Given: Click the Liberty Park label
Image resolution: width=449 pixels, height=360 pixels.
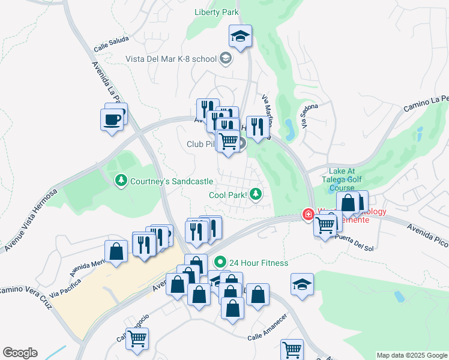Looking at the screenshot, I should (x=217, y=12).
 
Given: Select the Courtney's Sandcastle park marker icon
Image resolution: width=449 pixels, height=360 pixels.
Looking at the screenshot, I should (x=121, y=181).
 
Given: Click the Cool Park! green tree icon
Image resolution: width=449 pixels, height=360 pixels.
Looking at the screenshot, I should (x=256, y=194).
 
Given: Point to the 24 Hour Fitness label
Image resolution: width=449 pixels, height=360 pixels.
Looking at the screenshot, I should (x=259, y=263).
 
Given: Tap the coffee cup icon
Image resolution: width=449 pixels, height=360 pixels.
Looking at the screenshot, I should (x=112, y=119).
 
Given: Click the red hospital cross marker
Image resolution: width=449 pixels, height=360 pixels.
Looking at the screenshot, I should (x=308, y=215).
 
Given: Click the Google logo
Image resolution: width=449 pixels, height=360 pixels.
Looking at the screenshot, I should (x=20, y=353).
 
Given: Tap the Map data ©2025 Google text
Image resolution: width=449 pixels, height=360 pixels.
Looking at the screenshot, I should (x=411, y=355).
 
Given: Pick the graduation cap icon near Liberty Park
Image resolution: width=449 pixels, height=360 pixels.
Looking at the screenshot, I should (x=240, y=37).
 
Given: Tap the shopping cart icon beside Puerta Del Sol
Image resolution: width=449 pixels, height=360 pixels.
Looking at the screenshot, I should (x=325, y=226).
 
